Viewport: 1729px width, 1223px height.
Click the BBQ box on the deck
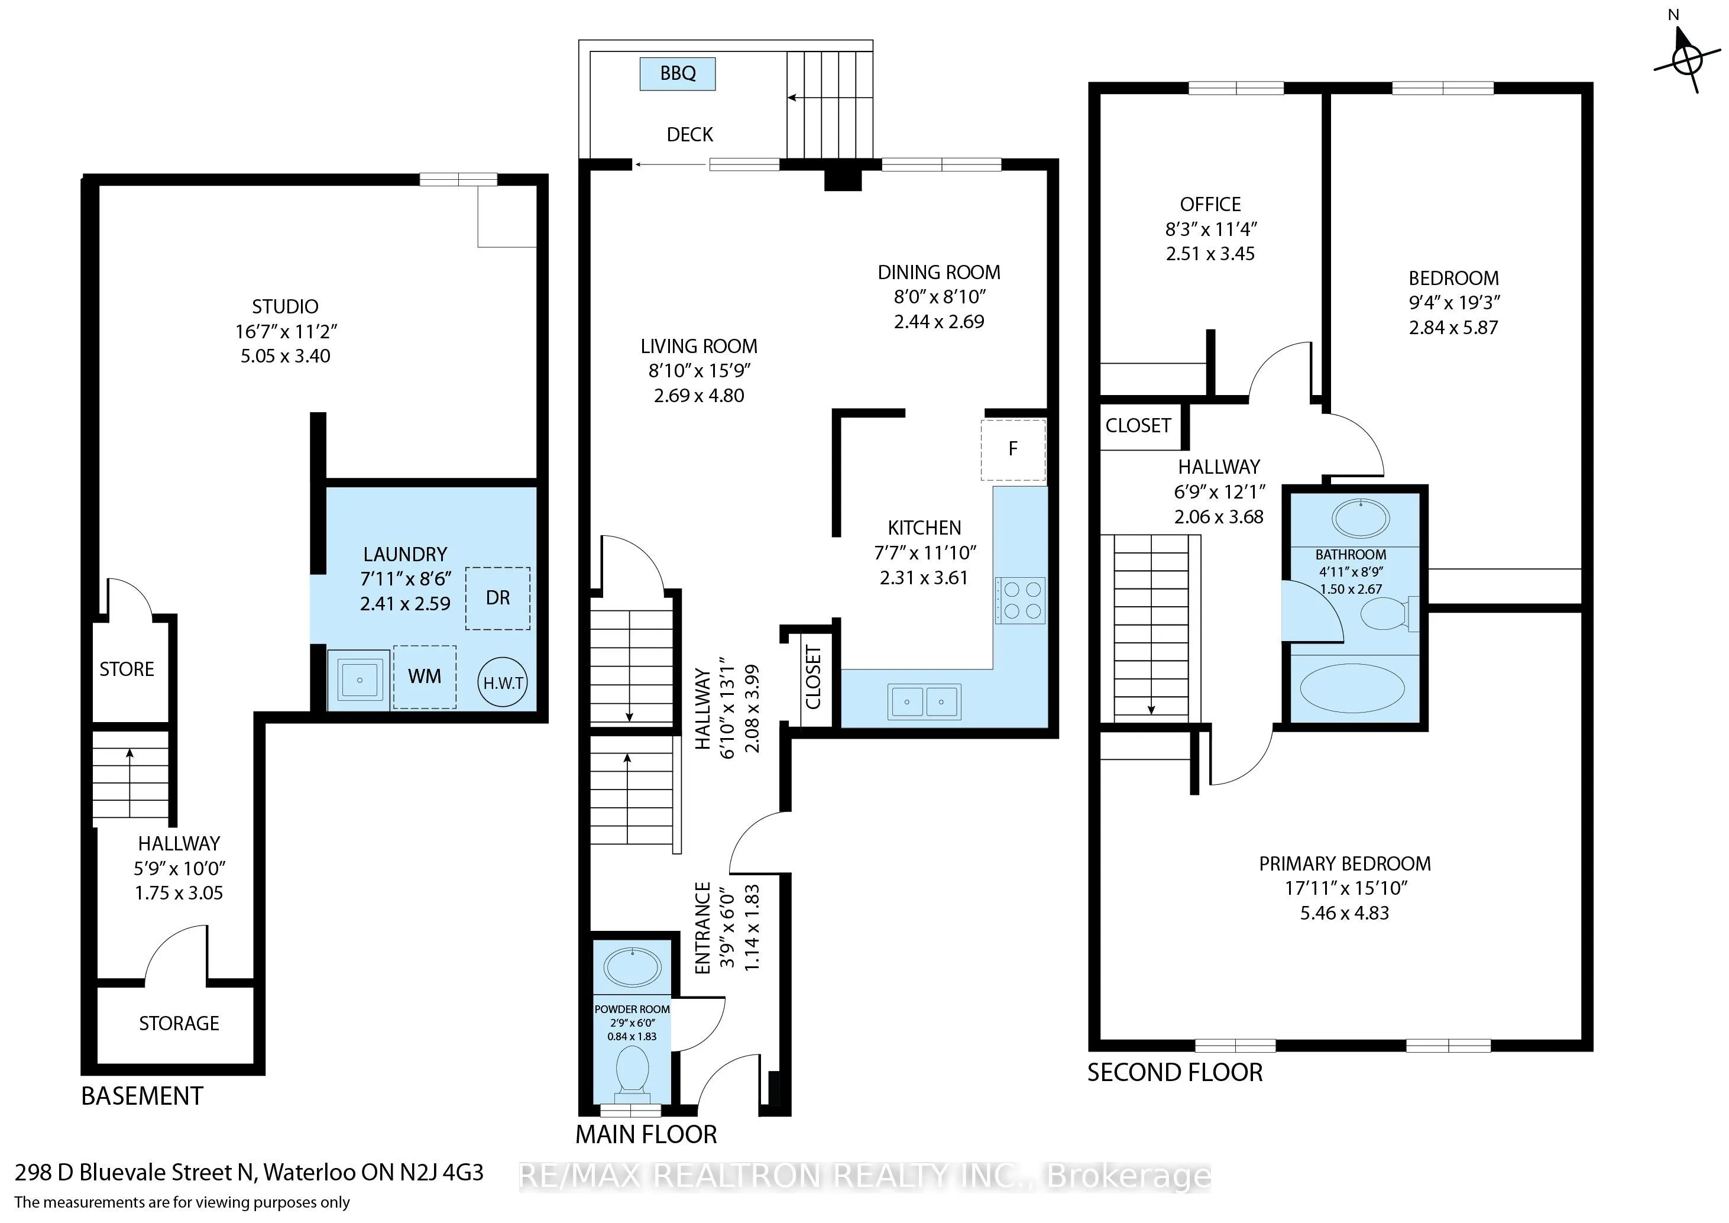tap(678, 74)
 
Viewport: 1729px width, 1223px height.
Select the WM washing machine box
tap(425, 677)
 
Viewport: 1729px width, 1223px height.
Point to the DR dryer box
tap(498, 598)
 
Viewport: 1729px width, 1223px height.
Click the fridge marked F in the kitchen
tap(1013, 449)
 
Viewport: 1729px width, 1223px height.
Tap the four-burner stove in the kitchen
tap(1021, 600)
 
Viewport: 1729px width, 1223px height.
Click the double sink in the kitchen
tap(924, 702)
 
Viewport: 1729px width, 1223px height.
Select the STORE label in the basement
tap(127, 669)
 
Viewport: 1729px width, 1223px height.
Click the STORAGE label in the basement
tap(179, 1023)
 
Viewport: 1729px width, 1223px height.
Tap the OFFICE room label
tap(1210, 204)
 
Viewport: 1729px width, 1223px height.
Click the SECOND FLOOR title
tap(1175, 1072)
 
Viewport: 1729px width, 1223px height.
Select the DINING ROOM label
tap(939, 272)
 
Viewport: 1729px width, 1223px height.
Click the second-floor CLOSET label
tap(1138, 425)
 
